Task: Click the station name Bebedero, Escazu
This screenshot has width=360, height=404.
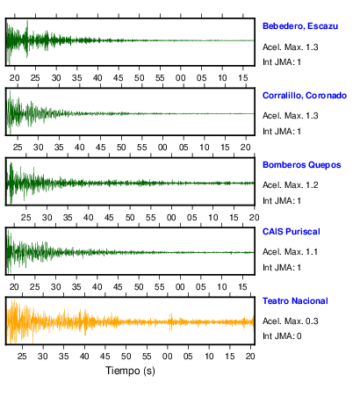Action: point(300,26)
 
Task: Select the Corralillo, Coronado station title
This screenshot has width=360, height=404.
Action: point(305,96)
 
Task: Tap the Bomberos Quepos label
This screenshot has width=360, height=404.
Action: point(302,165)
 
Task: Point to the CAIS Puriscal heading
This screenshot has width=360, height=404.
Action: point(292,232)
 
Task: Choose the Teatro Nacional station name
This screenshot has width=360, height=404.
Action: point(295,301)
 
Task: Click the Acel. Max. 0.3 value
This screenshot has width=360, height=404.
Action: point(290,321)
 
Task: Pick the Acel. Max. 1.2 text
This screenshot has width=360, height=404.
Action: point(290,185)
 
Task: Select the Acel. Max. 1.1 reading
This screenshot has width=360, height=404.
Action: point(290,252)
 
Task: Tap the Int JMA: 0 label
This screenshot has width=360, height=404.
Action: point(282,336)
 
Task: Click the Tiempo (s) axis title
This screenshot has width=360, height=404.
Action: point(130,371)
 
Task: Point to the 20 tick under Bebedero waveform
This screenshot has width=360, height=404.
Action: point(14,78)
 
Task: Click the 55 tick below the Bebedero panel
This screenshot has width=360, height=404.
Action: point(160,78)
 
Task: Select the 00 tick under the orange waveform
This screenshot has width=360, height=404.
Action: point(168,357)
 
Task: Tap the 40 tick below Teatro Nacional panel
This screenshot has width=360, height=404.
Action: point(84,357)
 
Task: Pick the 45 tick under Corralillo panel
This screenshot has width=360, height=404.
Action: point(100,147)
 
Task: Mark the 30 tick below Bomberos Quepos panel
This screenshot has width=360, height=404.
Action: point(47,218)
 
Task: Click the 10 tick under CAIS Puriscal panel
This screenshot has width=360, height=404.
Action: point(222,287)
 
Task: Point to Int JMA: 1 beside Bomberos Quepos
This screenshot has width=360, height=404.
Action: point(282,201)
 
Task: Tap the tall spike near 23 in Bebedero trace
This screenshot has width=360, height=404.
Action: point(27,39)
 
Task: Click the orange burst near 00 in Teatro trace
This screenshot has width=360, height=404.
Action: point(171,321)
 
